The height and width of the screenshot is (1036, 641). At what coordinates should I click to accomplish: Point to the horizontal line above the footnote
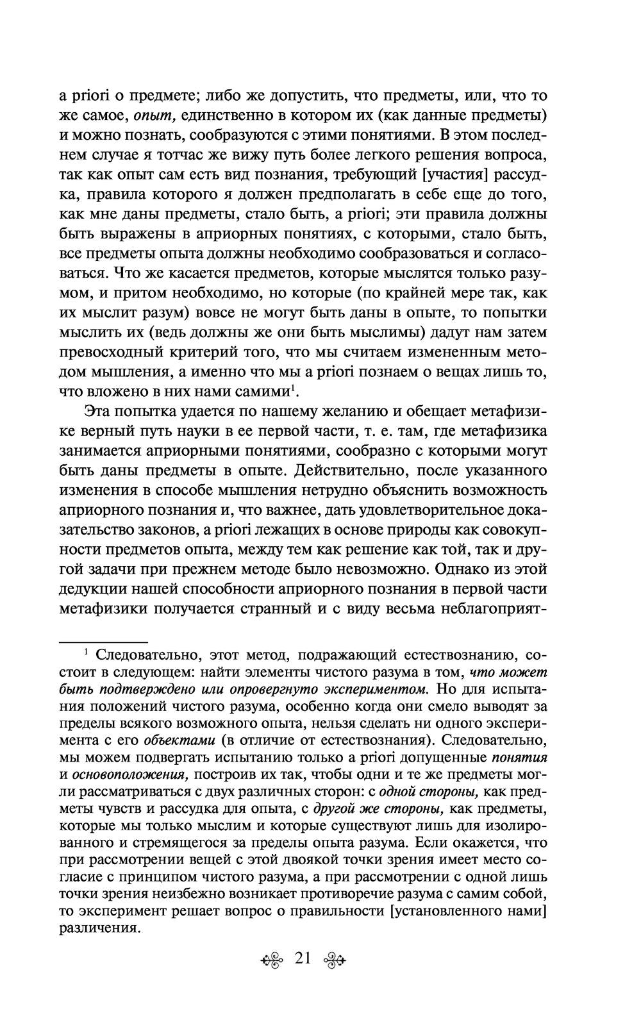tap(103, 641)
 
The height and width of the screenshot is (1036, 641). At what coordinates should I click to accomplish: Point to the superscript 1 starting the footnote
tap(87, 652)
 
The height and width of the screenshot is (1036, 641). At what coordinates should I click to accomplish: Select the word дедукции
tap(94, 588)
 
